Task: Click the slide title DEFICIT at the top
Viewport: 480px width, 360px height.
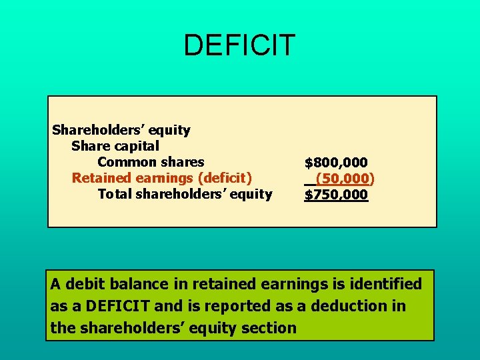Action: coord(239,45)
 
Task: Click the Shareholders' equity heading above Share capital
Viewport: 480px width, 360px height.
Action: coord(121,130)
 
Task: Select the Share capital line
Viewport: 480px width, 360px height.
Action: coord(115,146)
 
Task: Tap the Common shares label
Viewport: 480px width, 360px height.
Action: coord(151,162)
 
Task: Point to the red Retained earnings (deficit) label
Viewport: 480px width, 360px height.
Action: coord(162,178)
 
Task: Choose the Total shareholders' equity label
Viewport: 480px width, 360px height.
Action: coord(185,194)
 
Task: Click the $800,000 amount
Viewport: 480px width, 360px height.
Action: coord(336,162)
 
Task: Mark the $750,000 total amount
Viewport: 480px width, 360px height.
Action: coord(336,195)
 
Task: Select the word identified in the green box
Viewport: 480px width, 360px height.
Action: coord(387,285)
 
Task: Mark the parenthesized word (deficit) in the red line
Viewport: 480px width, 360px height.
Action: coord(221,178)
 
